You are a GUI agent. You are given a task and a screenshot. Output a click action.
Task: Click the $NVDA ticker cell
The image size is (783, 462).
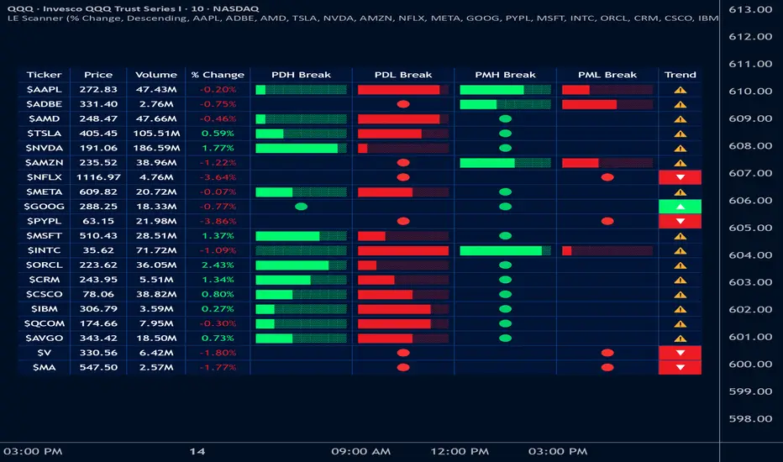(x=44, y=148)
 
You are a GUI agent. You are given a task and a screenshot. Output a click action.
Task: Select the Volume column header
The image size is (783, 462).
(x=155, y=75)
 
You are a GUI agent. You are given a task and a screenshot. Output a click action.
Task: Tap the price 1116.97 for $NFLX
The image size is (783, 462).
(x=98, y=177)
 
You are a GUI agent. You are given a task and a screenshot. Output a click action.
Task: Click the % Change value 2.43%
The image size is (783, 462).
(x=218, y=265)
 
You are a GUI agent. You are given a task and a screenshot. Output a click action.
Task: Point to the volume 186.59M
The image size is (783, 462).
(x=155, y=148)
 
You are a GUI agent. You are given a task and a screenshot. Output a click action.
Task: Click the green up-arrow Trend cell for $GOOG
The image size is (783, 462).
(x=680, y=207)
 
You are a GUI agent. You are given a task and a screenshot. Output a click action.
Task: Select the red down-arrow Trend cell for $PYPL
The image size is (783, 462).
(x=680, y=221)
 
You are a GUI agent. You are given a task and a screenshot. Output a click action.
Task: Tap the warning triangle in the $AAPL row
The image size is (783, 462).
(x=680, y=89)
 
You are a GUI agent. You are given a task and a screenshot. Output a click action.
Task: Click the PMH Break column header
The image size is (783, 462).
(x=505, y=75)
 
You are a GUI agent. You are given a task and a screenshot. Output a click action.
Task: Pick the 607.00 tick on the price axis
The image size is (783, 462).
(x=753, y=173)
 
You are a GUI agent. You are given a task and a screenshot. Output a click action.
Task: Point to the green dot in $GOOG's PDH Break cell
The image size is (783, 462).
(x=301, y=207)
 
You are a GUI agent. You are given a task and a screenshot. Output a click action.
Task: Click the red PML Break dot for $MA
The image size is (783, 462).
(x=607, y=367)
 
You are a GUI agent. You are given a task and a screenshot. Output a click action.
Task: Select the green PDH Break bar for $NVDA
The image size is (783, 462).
(x=297, y=148)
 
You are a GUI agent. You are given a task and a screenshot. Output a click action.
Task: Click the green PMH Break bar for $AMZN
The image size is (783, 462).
(x=487, y=162)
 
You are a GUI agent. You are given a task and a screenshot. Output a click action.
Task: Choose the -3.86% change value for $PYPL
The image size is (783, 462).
(x=218, y=221)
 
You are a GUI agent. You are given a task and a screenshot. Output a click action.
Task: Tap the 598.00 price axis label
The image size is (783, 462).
(x=753, y=419)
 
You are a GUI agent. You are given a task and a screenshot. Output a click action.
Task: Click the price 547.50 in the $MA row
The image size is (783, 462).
(x=98, y=367)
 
